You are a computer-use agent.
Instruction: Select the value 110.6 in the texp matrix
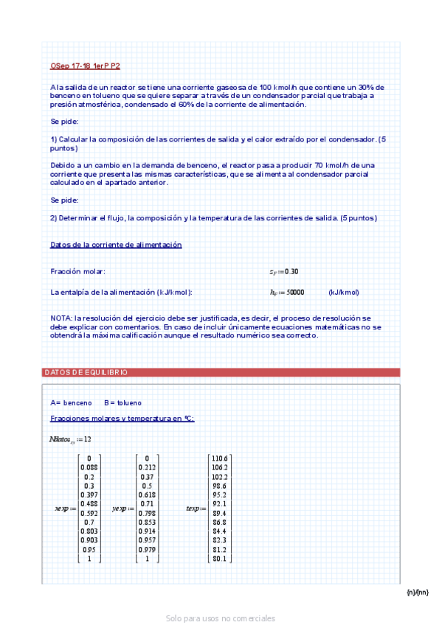(x=220, y=458)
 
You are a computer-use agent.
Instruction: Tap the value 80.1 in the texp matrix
(x=220, y=559)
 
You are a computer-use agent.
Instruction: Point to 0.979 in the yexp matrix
(x=147, y=550)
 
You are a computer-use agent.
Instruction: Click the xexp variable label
(x=63, y=509)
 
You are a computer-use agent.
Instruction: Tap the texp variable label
(x=194, y=509)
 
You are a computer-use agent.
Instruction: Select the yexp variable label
(x=122, y=509)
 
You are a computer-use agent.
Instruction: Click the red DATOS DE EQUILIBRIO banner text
(x=86, y=373)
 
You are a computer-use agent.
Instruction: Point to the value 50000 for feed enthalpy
(x=295, y=293)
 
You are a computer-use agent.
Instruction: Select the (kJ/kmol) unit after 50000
(x=344, y=293)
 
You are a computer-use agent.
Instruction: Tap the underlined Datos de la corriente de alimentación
(x=116, y=245)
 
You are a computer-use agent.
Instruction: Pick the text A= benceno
(x=71, y=403)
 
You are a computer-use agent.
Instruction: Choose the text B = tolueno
(x=122, y=403)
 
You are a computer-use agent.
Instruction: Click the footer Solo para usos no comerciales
(x=221, y=618)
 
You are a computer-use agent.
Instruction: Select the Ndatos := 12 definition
(x=70, y=439)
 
